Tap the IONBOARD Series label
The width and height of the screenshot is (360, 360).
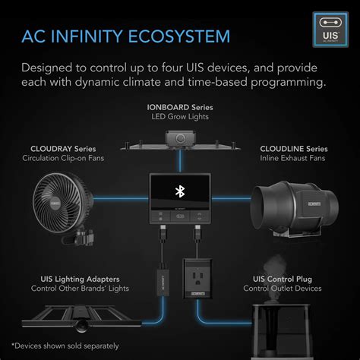pyautogui.click(x=180, y=108)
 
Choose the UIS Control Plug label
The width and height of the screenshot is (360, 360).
pyautogui.click(x=288, y=278)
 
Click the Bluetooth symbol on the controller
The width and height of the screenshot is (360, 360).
pyautogui.click(x=180, y=190)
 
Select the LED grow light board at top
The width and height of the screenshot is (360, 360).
pyautogui.click(x=180, y=142)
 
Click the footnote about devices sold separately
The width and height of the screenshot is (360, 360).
pyautogui.click(x=65, y=346)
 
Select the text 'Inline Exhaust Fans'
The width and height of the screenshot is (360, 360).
pyautogui.click(x=292, y=159)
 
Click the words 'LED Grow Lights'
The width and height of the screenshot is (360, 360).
pyautogui.click(x=180, y=118)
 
